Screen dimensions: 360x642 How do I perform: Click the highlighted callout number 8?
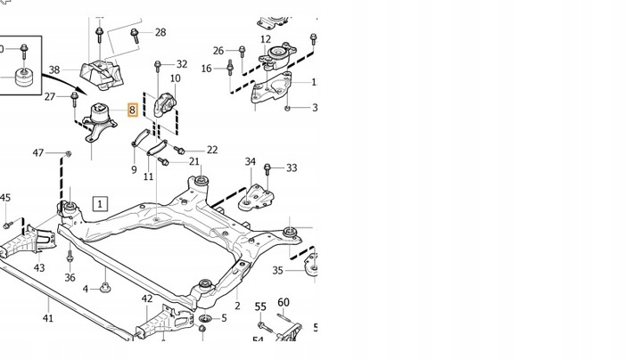tap(132, 111)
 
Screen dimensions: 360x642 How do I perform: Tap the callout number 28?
tap(160, 32)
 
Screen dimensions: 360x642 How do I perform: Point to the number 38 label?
tap(53, 70)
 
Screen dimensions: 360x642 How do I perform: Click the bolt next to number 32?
tap(159, 67)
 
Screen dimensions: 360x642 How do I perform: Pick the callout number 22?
tap(211, 150)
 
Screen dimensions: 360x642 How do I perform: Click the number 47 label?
tap(38, 153)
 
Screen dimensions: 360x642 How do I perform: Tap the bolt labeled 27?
tap(73, 95)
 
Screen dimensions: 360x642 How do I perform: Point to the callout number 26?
tap(218, 51)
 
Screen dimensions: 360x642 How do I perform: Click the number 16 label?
tap(207, 69)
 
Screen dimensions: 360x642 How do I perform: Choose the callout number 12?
tap(266, 39)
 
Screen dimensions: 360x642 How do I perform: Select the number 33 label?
tap(292, 168)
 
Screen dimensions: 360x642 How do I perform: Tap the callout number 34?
tap(251, 162)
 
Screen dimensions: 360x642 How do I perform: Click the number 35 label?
tap(277, 270)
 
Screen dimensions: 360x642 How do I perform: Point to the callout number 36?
tap(70, 278)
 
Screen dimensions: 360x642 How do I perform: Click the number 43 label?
tap(39, 267)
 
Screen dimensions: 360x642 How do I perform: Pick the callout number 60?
tap(284, 302)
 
